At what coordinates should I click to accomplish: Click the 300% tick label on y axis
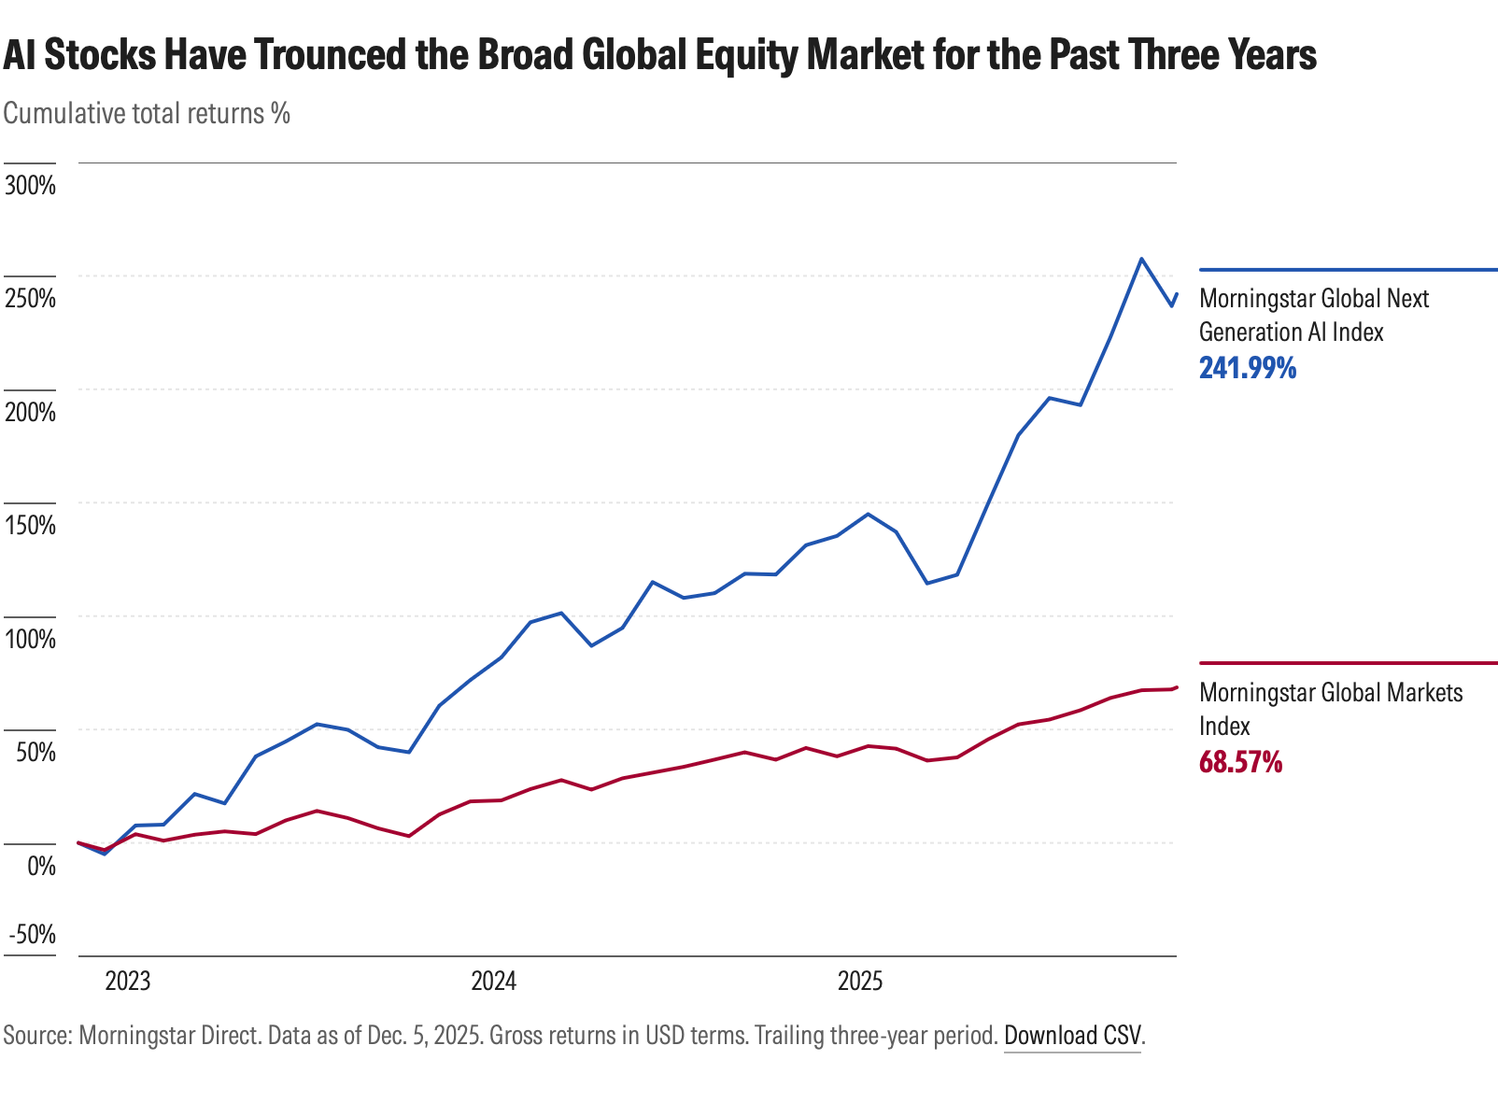pos(30,185)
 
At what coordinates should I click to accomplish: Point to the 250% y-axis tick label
pos(30,299)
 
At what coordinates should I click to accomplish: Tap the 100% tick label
pos(30,639)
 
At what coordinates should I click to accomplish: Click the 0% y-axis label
pos(41,866)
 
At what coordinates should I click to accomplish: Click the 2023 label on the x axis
pos(128,982)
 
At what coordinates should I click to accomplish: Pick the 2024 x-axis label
pos(493,982)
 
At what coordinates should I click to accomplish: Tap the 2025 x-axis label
pos(860,982)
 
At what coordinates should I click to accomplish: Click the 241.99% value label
pos(1248,368)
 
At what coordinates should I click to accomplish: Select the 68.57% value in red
pos(1240,762)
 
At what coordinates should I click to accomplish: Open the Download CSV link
pos(1072,1036)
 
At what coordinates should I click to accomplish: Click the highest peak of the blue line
pos(1141,259)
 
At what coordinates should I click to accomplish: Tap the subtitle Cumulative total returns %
pos(147,113)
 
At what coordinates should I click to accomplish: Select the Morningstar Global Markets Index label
pos(1330,709)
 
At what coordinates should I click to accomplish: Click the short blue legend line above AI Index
pos(1347,270)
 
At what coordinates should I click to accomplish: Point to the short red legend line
pos(1347,663)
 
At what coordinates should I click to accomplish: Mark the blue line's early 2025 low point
pos(926,583)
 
